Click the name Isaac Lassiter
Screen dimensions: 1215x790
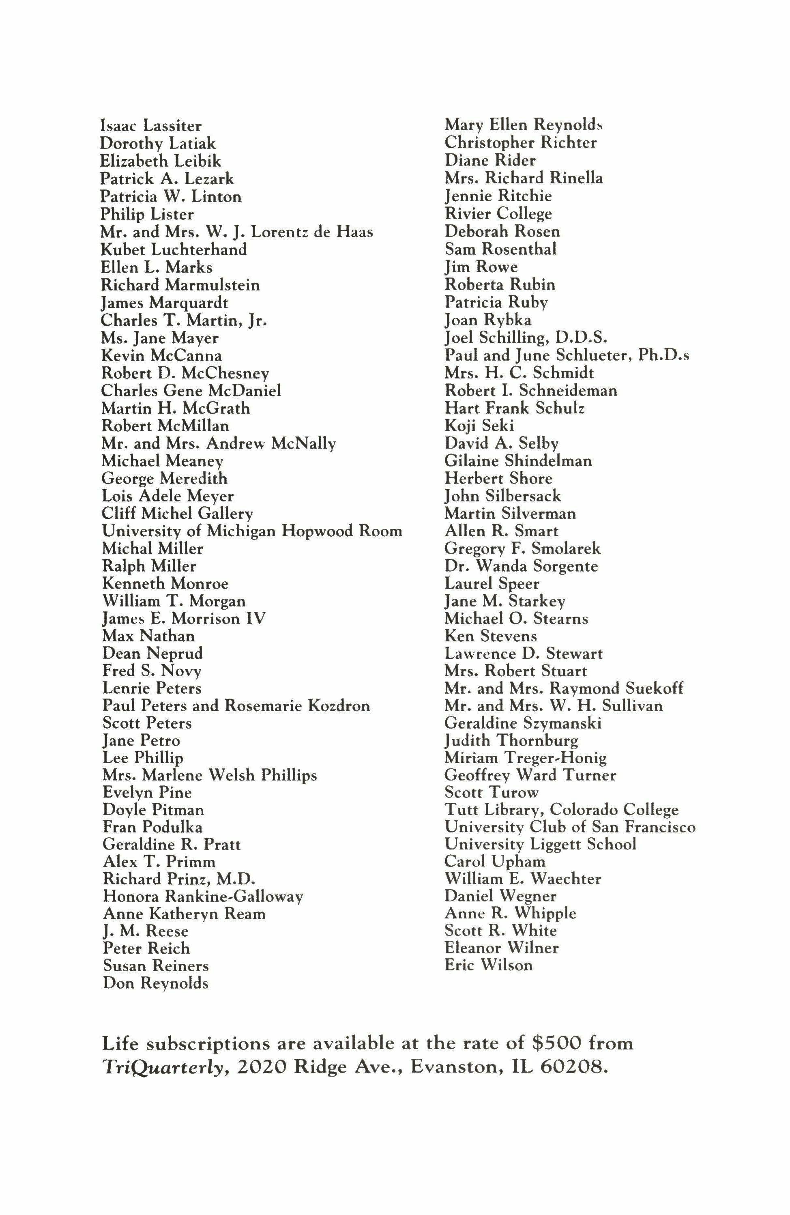coord(151,126)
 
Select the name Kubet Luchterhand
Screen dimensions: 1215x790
coord(174,249)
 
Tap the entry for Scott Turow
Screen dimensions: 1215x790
coord(492,793)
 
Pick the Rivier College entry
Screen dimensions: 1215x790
coord(498,213)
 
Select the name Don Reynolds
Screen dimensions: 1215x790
coord(156,983)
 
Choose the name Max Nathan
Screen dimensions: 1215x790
coord(148,636)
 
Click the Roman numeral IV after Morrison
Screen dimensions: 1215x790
coord(255,619)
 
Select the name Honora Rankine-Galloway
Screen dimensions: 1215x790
coord(203,897)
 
